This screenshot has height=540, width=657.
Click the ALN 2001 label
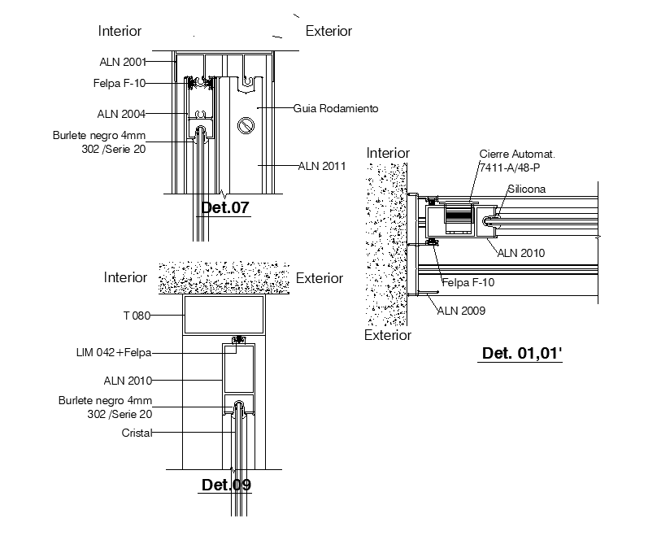(x=123, y=61)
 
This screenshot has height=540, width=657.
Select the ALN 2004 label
(x=123, y=114)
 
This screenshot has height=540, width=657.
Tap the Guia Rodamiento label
(x=336, y=108)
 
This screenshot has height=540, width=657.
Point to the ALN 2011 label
(x=322, y=166)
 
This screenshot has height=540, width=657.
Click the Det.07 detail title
(x=224, y=207)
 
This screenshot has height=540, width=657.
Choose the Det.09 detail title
(x=226, y=486)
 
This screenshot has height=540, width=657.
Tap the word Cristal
(x=137, y=433)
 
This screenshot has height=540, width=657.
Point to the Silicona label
(x=527, y=189)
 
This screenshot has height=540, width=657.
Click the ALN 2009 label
(x=461, y=310)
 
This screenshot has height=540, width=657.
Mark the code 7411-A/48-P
(x=510, y=167)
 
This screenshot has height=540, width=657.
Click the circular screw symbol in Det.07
(x=246, y=125)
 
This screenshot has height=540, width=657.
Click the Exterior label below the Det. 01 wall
(x=388, y=335)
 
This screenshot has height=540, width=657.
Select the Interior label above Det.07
(x=120, y=31)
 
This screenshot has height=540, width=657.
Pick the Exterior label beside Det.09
(x=320, y=278)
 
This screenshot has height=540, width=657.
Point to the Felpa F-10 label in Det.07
(x=119, y=83)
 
